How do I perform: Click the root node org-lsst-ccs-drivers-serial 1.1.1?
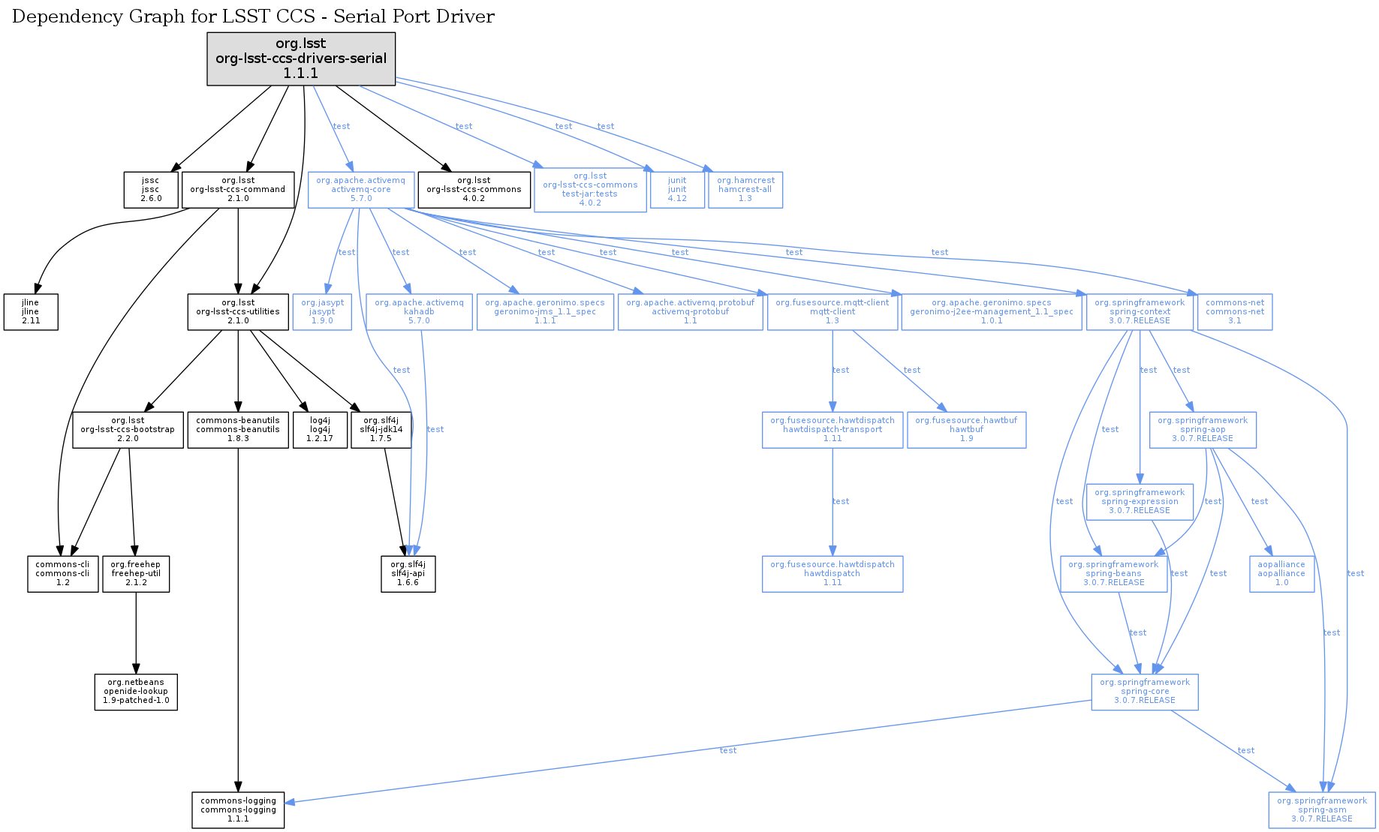301,59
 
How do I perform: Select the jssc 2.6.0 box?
151,190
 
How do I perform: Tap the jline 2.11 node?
31,311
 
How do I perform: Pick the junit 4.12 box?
677,190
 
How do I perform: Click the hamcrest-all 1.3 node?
745,190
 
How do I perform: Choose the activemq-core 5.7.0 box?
360,190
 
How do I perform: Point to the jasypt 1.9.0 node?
322,311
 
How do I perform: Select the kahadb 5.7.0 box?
419,311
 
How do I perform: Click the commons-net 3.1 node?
1235,311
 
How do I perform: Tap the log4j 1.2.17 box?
320,429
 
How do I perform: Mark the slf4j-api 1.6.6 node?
408,573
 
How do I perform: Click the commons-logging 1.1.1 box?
238,810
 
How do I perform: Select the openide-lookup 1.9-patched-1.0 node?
136,692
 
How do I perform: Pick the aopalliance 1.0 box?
1281,573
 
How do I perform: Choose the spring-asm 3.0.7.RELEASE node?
1322,810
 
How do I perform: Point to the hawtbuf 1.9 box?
966,429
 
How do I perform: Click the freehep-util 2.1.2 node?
136,573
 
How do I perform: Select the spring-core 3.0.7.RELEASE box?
1144,692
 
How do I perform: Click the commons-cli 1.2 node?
62,573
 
